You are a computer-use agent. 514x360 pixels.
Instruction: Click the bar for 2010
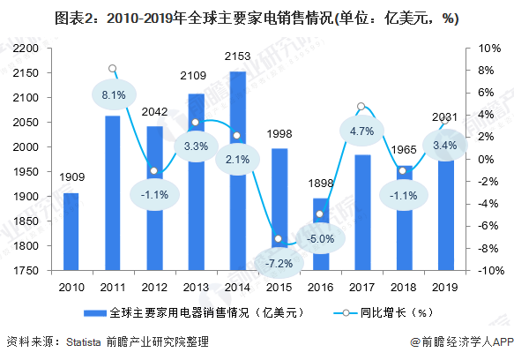pos(71,232)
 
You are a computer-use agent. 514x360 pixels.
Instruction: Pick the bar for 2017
pos(362,213)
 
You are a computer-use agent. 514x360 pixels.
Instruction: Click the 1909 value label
pos(71,178)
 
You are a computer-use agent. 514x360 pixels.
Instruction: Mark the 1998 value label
pos(279,133)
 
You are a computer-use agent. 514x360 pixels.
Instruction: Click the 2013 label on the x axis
pos(197,287)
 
